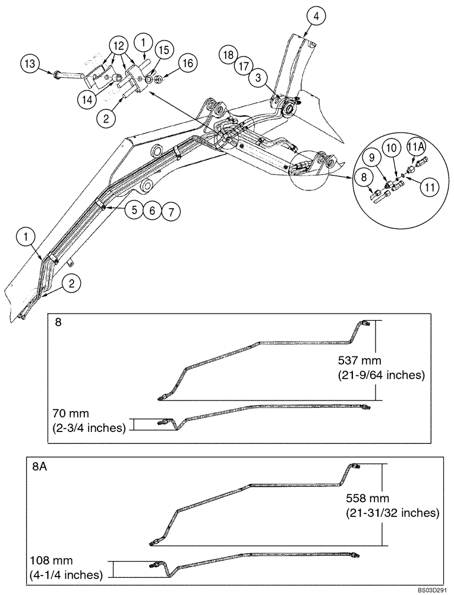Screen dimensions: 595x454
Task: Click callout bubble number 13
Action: point(31,63)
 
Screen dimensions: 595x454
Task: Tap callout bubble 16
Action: point(187,62)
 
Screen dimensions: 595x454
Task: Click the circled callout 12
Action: point(118,46)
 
